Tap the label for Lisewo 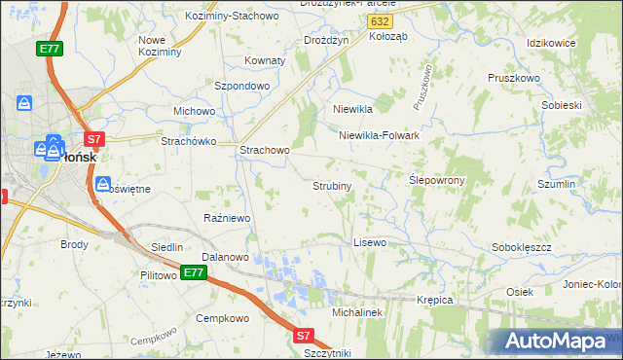pyautogui.click(x=370, y=241)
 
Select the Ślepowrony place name pyautogui.click(x=437, y=180)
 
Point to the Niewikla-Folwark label pyautogui.click(x=379, y=135)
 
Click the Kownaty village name pyautogui.click(x=264, y=60)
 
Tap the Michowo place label pyautogui.click(x=194, y=111)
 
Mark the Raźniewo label pyautogui.click(x=227, y=218)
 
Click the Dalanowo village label pyautogui.click(x=226, y=258)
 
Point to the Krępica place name pyautogui.click(x=435, y=300)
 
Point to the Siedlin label pyautogui.click(x=166, y=248)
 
